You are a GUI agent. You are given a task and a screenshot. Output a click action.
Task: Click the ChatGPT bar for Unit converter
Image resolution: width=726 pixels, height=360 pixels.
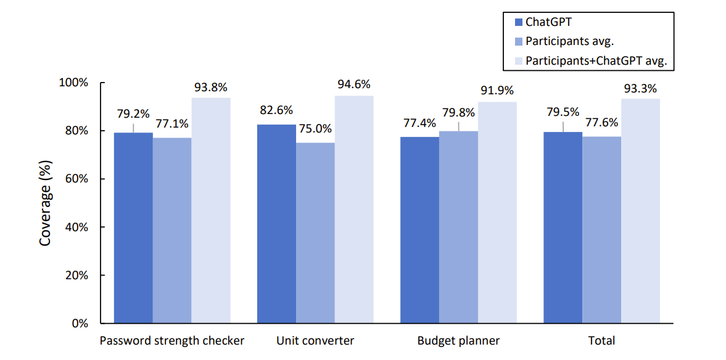point(276,224)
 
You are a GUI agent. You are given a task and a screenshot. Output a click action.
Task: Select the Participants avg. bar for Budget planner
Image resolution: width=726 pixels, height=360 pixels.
point(458,227)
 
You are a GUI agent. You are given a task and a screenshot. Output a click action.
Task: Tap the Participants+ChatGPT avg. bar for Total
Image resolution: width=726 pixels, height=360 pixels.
point(640,211)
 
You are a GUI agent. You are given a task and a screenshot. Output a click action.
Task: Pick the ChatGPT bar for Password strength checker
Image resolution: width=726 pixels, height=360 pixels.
point(133,228)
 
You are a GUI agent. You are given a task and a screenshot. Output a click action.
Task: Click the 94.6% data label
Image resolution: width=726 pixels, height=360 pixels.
point(354,84)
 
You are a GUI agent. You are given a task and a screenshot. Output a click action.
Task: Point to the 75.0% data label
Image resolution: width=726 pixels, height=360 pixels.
point(315,129)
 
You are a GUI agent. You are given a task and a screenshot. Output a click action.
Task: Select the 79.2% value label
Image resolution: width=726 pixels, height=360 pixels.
point(133,114)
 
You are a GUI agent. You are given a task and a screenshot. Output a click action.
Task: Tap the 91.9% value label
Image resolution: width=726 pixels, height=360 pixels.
point(497,91)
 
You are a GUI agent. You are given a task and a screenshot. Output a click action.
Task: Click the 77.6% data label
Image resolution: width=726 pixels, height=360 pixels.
point(602,123)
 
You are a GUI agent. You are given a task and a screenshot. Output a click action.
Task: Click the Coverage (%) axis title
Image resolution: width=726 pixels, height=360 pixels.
point(45,203)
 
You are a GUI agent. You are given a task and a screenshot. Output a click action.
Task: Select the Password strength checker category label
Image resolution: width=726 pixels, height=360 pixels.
point(172,341)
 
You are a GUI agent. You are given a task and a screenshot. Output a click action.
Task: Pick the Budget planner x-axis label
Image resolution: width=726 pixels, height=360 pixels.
point(458,341)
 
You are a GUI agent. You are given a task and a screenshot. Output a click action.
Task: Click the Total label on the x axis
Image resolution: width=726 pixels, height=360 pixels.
point(601,341)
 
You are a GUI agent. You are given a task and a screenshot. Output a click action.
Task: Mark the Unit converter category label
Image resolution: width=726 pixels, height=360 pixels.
point(315,341)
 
